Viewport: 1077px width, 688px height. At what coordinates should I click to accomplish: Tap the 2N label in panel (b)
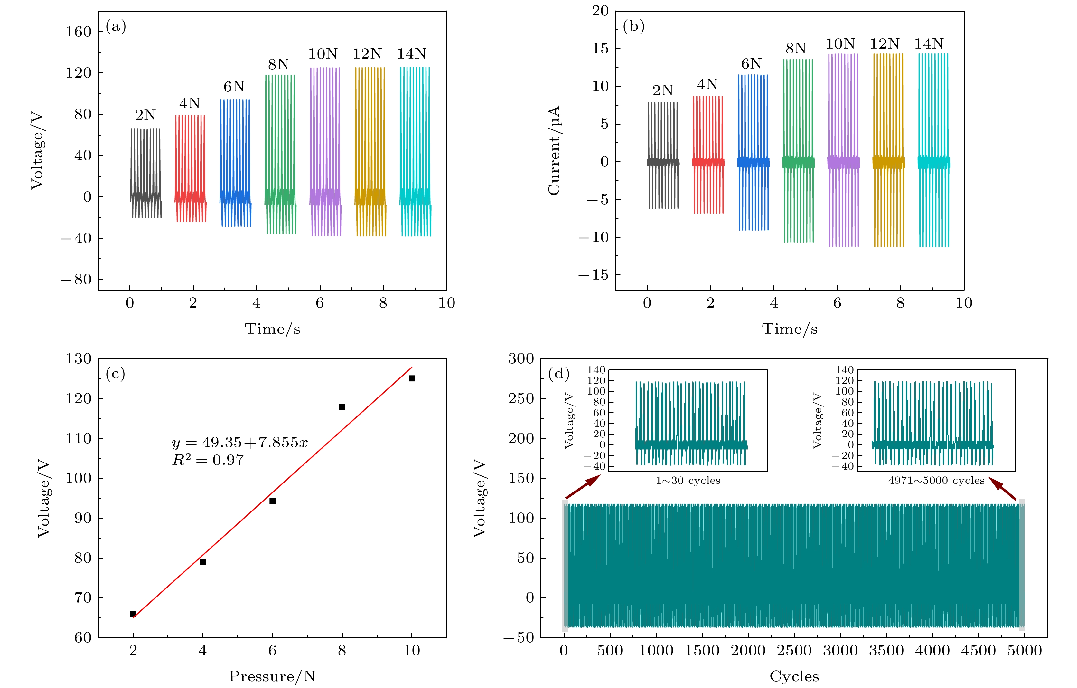tap(662, 91)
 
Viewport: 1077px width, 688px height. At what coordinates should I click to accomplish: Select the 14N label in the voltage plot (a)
tap(411, 54)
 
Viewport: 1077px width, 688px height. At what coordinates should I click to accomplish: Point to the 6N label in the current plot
tap(751, 64)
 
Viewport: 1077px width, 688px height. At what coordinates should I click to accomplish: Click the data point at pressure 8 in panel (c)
tap(342, 407)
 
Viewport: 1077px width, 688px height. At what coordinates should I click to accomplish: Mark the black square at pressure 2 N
tap(133, 614)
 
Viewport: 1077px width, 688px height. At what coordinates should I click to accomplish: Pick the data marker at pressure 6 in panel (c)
tap(272, 501)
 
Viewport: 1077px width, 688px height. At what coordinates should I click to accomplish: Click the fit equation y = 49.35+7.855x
tap(240, 443)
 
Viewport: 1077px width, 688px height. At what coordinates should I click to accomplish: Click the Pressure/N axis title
tap(272, 676)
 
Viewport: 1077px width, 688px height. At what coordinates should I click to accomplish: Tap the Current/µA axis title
tap(554, 150)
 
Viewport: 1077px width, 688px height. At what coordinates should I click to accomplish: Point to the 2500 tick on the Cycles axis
tap(794, 650)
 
